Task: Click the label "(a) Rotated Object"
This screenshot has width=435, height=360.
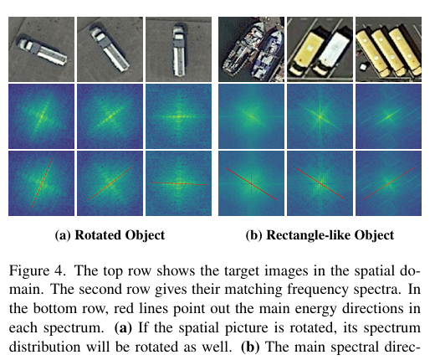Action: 110,235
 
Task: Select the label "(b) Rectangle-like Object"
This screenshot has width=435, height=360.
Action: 320,235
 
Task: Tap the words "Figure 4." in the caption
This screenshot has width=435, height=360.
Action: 38,271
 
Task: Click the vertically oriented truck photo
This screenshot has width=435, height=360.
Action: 178,49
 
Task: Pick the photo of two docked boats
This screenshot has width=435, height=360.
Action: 251,49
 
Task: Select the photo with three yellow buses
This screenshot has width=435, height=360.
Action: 388,49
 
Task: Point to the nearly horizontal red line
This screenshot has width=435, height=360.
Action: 179,183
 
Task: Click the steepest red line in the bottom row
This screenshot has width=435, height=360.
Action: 42,183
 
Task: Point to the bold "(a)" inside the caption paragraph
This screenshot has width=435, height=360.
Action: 123,328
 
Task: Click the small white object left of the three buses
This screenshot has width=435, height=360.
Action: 363,67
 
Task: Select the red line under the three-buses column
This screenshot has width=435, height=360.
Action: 389,183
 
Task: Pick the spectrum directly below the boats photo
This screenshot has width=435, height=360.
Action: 251,116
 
